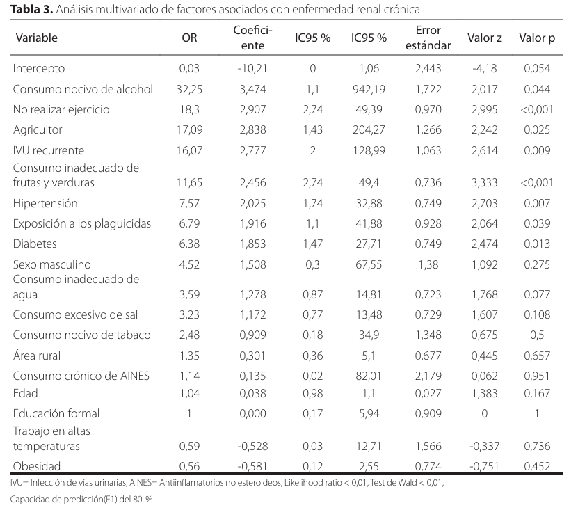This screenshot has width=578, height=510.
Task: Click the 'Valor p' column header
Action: point(537,38)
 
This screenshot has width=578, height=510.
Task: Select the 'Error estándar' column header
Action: point(428,38)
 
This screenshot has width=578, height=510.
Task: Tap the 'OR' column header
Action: point(189,38)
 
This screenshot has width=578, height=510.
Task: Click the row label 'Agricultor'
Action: point(38,130)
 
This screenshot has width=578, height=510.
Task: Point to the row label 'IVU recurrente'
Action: point(48,150)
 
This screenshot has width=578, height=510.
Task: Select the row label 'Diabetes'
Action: point(35,244)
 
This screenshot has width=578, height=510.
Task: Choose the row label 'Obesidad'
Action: point(36,466)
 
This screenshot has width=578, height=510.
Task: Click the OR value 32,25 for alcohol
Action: point(189,89)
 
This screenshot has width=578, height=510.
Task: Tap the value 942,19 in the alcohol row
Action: point(369,89)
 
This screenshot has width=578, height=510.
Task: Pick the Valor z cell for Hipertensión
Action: point(484,203)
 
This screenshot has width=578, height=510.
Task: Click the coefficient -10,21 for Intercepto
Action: point(252,69)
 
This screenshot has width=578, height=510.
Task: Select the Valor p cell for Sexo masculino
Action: point(537,265)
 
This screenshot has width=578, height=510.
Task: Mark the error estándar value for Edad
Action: point(428,394)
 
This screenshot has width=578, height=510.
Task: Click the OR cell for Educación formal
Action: point(189,413)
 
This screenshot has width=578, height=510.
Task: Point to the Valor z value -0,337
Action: point(484,446)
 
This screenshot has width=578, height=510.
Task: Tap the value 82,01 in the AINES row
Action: point(369,376)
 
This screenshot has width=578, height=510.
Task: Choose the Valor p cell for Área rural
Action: point(537,356)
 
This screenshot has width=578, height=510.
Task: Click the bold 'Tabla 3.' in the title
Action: point(32,9)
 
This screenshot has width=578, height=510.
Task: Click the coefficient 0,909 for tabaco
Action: point(252,335)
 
